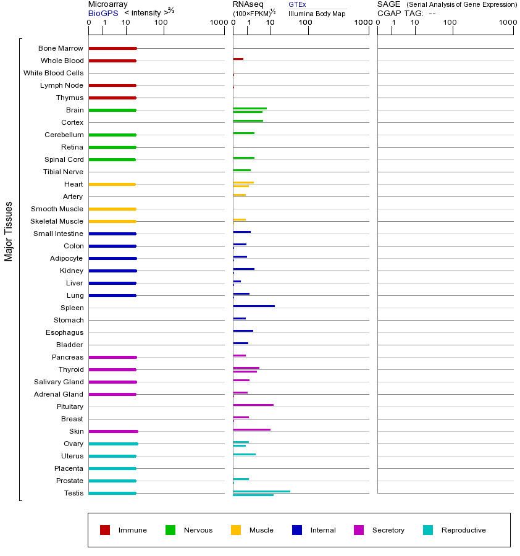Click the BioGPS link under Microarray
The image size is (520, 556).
103,13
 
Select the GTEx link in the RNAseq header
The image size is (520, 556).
297,4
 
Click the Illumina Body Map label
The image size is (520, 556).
317,14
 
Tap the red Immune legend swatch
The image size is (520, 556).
105,530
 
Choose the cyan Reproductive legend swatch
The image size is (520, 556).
428,530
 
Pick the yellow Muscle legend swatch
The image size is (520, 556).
236,530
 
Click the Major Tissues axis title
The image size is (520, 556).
9,231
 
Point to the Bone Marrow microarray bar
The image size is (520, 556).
112,48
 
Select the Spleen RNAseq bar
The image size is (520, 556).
254,306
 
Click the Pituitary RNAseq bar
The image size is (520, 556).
253,405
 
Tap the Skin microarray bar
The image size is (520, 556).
113,431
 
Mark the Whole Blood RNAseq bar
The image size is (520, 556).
238,59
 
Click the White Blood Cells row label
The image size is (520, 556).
53,73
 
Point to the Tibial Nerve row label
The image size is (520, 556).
63,172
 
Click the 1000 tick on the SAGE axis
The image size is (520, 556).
508,23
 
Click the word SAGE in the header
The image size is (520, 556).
389,4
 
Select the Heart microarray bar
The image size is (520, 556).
112,184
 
